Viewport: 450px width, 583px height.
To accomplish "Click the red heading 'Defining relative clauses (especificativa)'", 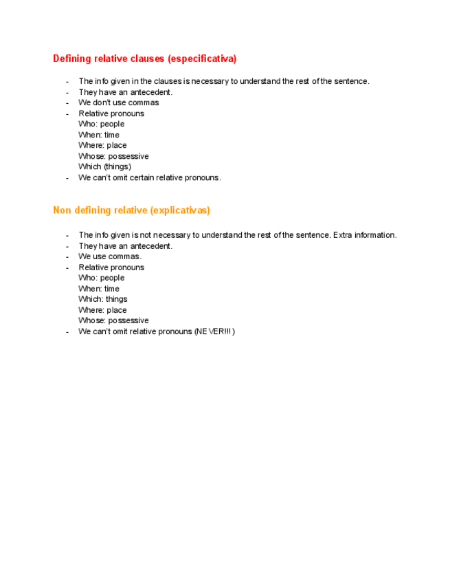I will click(x=144, y=59).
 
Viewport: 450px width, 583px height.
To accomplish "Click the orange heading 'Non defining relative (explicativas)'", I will click(x=131, y=210).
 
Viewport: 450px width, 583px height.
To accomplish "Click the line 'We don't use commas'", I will click(x=118, y=102).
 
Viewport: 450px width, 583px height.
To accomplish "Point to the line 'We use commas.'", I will click(x=110, y=256).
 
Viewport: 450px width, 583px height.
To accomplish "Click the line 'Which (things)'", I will click(x=104, y=166).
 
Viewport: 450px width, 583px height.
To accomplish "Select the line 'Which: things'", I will click(x=102, y=299).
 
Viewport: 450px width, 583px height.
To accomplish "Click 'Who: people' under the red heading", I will click(x=101, y=124).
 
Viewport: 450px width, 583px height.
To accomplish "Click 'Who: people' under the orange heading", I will click(x=101, y=278).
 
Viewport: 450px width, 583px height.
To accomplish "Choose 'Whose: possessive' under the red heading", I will click(x=113, y=156).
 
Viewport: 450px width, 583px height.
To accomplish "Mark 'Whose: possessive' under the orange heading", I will click(x=113, y=320).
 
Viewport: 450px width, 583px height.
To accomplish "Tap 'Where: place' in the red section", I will click(x=102, y=145).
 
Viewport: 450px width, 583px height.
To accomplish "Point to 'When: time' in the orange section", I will click(x=99, y=289).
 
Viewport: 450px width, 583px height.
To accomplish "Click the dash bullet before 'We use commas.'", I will click(x=67, y=256).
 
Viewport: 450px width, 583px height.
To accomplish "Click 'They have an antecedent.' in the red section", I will click(x=125, y=92).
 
